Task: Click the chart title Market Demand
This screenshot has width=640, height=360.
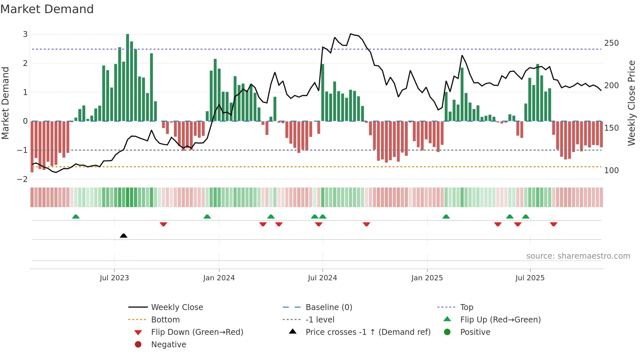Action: coord(47,9)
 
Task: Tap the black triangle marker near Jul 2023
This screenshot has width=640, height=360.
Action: coord(123,236)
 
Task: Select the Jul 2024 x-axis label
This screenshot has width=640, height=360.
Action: coord(322,278)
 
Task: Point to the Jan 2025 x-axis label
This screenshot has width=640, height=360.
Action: coord(427,278)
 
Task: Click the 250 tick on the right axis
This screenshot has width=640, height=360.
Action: coord(611,43)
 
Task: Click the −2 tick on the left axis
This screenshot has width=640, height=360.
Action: coord(23,179)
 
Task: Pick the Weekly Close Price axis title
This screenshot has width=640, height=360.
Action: coord(631,103)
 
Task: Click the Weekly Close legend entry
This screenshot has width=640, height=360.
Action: coord(177,307)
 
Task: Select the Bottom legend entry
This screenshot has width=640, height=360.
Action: coord(165,320)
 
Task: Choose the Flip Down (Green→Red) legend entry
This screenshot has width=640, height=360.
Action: coord(197,332)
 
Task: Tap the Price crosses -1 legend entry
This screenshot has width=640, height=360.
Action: coord(368,332)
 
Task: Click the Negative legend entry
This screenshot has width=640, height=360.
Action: coord(168,345)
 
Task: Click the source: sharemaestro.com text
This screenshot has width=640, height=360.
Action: coord(578,256)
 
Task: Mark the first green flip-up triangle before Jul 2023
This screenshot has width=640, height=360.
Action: coord(76,217)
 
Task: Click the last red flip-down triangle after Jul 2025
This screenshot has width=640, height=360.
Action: coord(553,224)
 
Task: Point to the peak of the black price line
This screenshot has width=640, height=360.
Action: coord(351,34)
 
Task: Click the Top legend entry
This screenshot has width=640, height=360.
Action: coord(467,307)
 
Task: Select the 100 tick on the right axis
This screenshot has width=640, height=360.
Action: coord(611,171)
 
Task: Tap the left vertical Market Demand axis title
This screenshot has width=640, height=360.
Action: coord(5,103)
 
